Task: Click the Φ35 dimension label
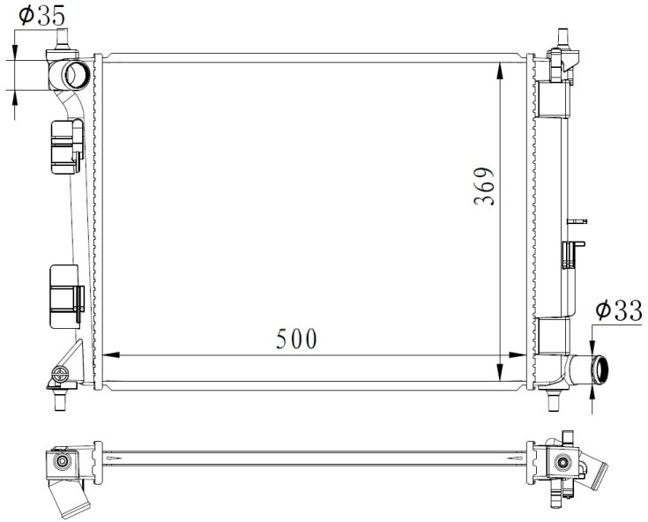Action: click(41, 16)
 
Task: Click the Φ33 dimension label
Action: click(619, 310)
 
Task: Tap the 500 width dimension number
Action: click(296, 339)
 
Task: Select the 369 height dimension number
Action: click(484, 186)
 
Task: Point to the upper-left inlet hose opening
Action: click(77, 74)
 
